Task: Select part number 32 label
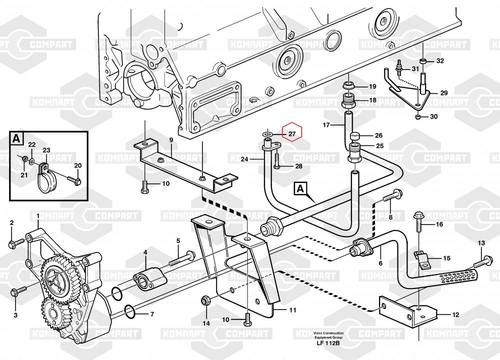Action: click(x=439, y=61)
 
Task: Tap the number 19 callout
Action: click(x=372, y=86)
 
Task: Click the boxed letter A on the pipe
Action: click(x=300, y=188)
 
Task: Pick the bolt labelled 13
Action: click(x=477, y=260)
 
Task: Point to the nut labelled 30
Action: click(x=417, y=117)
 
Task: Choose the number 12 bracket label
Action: click(x=455, y=315)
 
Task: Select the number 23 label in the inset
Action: click(x=46, y=150)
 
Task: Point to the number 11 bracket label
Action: click(x=292, y=310)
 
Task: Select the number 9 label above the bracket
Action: click(x=170, y=139)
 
